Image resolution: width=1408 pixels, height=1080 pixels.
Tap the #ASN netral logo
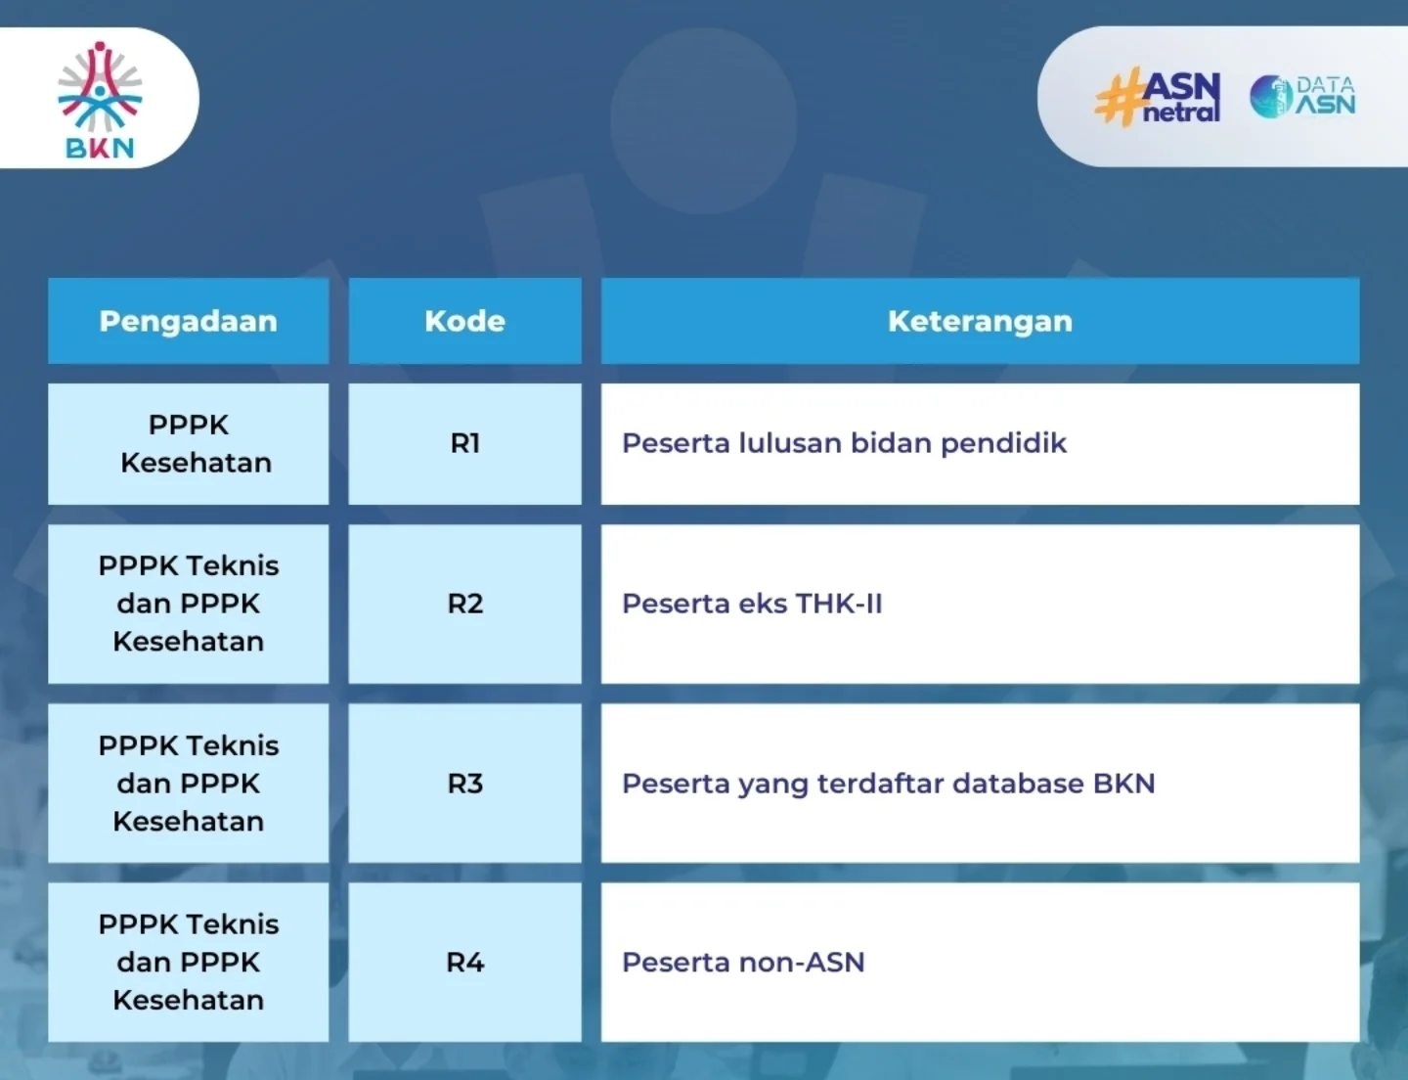tap(1158, 97)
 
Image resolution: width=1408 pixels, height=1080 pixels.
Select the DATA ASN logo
tap(1302, 97)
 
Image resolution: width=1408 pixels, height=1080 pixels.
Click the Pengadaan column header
tap(188, 321)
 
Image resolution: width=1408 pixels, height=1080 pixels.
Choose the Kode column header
tap(464, 321)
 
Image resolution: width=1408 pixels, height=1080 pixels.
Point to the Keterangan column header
tap(980, 321)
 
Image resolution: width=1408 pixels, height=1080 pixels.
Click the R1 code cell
tap(464, 443)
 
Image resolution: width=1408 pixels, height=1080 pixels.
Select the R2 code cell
tap(464, 604)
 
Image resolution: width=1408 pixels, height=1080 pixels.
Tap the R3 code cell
tap(464, 783)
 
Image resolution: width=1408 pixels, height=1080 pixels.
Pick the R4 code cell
tap(464, 962)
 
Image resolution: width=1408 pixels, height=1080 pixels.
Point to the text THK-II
tap(839, 604)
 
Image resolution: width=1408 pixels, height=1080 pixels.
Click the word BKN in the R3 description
tap(1124, 783)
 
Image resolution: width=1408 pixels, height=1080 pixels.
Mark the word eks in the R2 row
tap(764, 604)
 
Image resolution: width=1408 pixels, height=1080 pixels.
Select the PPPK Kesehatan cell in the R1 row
tap(188, 443)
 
